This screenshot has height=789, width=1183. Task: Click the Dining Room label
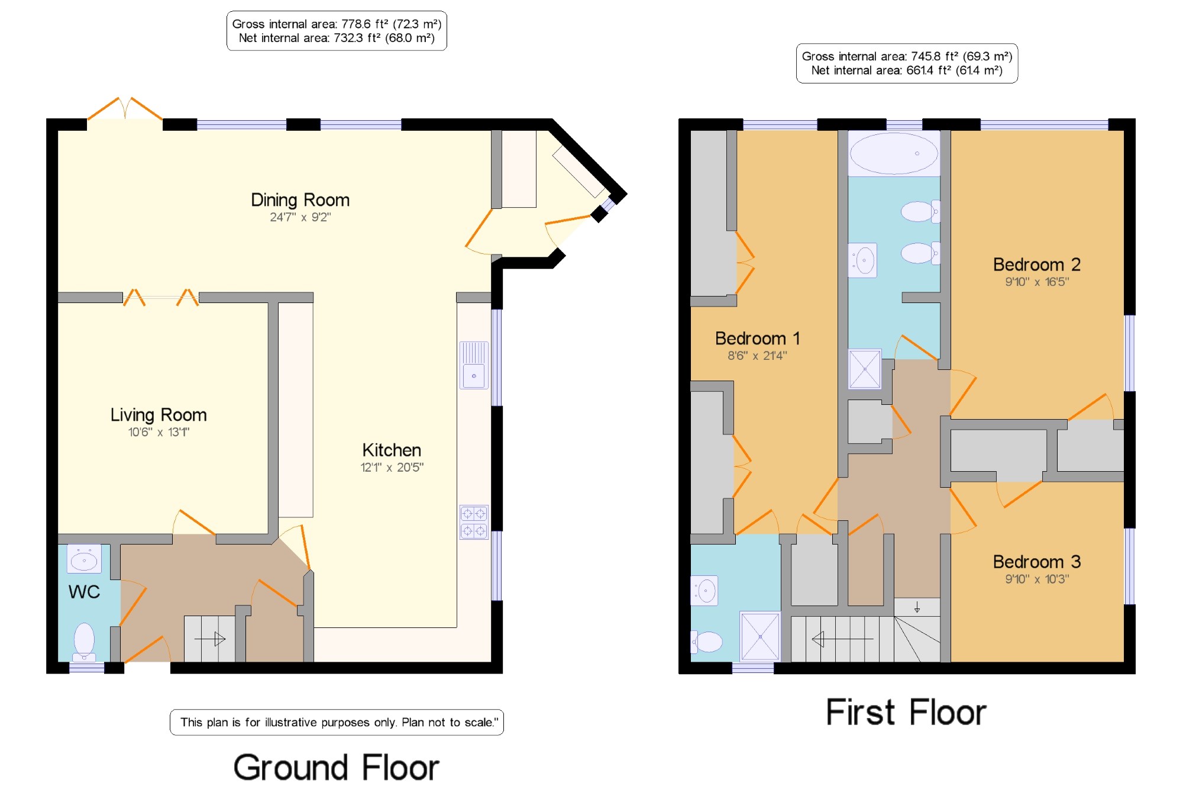pos(300,200)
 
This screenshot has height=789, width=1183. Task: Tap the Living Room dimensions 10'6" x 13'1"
pos(159,432)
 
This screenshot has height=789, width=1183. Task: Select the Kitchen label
pos(392,450)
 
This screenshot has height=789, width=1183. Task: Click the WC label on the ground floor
pos(84,592)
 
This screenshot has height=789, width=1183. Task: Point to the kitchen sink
pos(474,365)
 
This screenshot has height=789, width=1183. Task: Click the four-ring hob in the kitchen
pos(474,522)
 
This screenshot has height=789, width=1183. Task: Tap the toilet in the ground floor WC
pos(84,642)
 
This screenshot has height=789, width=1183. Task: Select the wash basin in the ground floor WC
pos(84,559)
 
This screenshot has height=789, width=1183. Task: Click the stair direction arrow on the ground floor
pos(210,639)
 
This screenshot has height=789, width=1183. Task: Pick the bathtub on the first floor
pos(894,153)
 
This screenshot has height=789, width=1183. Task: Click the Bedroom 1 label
pos(757,339)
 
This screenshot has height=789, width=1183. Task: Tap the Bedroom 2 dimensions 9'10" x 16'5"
pos(1037,282)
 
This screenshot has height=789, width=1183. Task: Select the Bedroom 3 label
pos(1037,562)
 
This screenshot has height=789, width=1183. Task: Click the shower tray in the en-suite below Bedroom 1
pos(760,636)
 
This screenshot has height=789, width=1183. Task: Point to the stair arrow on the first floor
pos(842,639)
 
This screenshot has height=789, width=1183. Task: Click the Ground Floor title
pos(336,768)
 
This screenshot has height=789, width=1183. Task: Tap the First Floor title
pos(906,712)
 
